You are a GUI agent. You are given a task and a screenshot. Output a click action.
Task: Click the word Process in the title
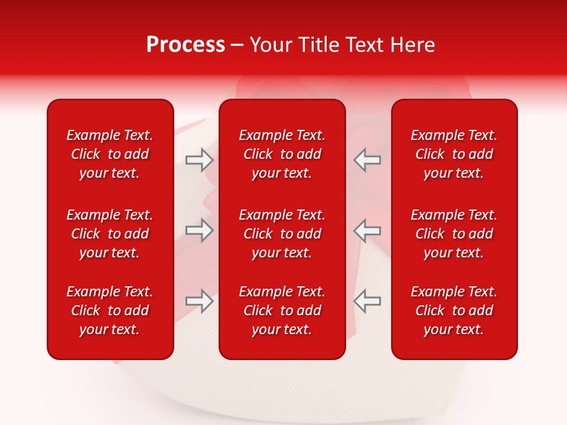[x=185, y=45]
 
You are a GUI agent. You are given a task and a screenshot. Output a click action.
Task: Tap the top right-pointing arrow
[x=200, y=160]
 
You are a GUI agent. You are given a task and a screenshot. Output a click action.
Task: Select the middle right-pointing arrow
[x=200, y=230]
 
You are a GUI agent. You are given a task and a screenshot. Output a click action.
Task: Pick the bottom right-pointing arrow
[x=200, y=301]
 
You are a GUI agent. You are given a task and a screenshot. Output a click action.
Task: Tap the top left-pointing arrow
[x=367, y=160]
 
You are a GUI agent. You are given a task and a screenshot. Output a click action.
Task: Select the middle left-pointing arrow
[x=367, y=230]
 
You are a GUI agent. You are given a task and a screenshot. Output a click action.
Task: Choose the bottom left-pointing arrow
[x=367, y=301]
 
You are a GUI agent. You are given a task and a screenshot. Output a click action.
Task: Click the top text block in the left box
[x=110, y=154]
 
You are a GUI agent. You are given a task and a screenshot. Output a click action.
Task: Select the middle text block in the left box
[x=110, y=234]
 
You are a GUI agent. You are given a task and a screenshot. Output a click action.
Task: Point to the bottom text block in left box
[x=110, y=310]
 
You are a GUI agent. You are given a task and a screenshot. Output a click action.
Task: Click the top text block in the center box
[x=282, y=154]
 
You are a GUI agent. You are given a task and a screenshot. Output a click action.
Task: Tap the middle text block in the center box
[x=282, y=234]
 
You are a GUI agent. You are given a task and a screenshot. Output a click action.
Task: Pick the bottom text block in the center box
[x=282, y=310]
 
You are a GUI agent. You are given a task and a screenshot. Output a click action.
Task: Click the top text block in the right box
[x=454, y=154]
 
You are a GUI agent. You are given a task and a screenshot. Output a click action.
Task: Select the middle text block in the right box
[x=454, y=234]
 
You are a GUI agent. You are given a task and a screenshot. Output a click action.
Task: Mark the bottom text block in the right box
[x=454, y=310]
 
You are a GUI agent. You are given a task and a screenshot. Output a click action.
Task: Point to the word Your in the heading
[x=271, y=45]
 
